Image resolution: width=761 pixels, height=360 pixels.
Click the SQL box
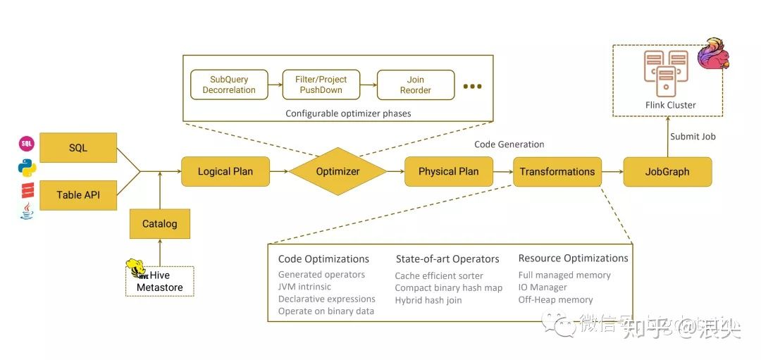78,147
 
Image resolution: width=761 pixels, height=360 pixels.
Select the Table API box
78,194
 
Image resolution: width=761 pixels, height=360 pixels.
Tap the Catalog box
160,224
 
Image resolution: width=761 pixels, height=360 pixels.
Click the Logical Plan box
225,171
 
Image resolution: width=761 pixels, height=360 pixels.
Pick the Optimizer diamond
338,171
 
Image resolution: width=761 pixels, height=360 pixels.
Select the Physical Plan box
448,171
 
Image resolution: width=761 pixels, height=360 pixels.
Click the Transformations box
557,171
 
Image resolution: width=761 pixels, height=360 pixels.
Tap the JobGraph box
667,171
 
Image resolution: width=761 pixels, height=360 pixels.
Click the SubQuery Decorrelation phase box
229,85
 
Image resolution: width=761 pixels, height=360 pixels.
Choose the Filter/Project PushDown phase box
321,85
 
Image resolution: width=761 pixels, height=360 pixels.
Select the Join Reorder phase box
415,85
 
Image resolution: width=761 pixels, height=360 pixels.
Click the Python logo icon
27,167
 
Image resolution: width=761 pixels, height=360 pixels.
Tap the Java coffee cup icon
27,211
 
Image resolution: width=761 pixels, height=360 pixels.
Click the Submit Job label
693,137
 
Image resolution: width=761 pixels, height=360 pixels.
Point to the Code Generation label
509,144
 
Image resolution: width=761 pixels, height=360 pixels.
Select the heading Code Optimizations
323,259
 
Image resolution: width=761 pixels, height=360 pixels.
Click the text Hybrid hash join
428,300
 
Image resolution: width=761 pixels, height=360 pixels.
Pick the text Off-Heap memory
555,299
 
